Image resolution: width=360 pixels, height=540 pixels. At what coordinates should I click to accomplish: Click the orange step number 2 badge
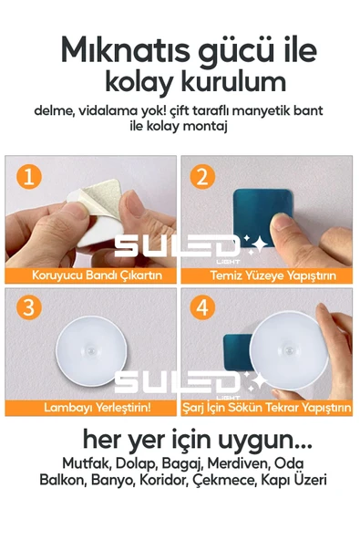(x=203, y=177)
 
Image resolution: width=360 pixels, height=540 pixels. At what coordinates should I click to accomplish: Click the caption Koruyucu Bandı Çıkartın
(x=91, y=275)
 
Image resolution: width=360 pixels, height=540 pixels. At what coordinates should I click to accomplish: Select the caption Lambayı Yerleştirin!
(x=91, y=407)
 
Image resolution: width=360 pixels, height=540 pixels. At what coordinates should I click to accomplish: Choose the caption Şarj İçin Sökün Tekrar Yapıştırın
(x=265, y=407)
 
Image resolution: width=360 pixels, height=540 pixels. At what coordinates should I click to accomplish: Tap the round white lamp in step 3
(x=90, y=350)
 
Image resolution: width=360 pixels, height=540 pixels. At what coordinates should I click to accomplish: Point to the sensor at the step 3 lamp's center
(x=90, y=350)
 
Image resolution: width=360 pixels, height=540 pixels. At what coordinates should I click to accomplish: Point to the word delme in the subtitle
(x=54, y=110)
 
